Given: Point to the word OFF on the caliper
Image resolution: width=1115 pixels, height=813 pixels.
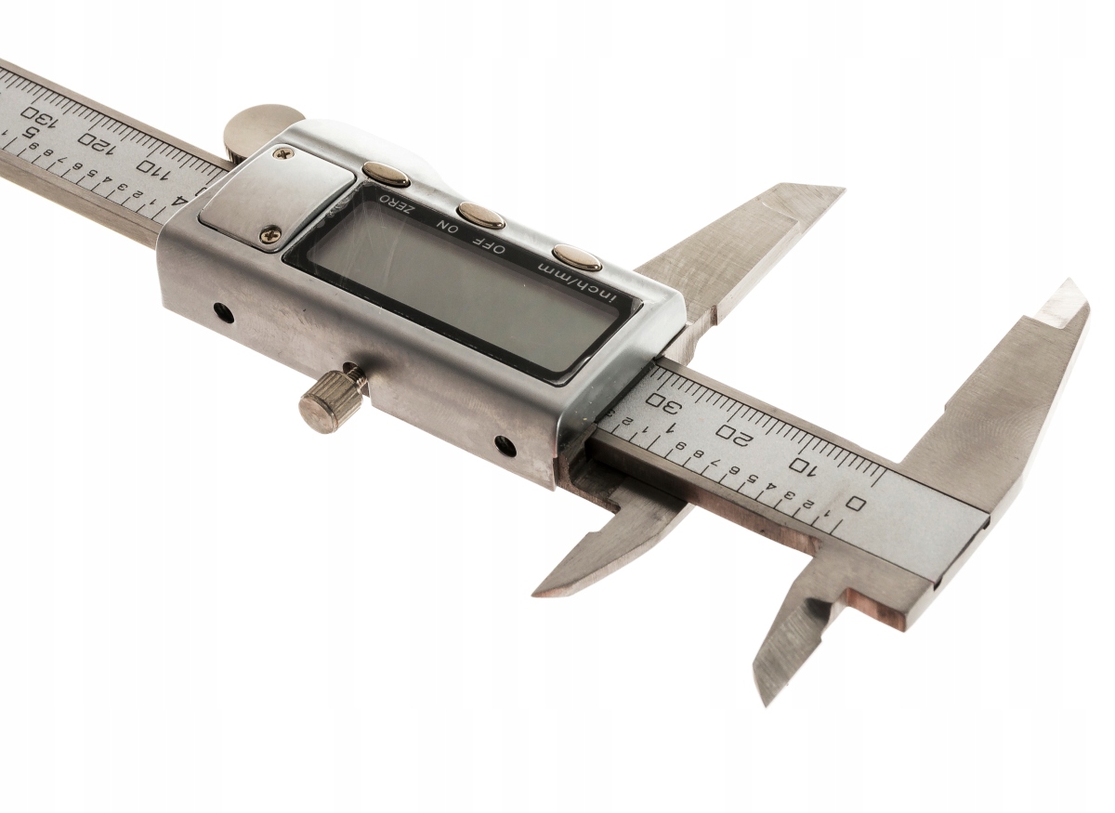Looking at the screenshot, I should point(495,246).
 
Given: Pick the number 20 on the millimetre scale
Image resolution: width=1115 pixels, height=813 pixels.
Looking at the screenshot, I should point(734,433).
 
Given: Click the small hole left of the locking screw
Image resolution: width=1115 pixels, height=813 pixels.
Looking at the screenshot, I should point(224,313).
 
